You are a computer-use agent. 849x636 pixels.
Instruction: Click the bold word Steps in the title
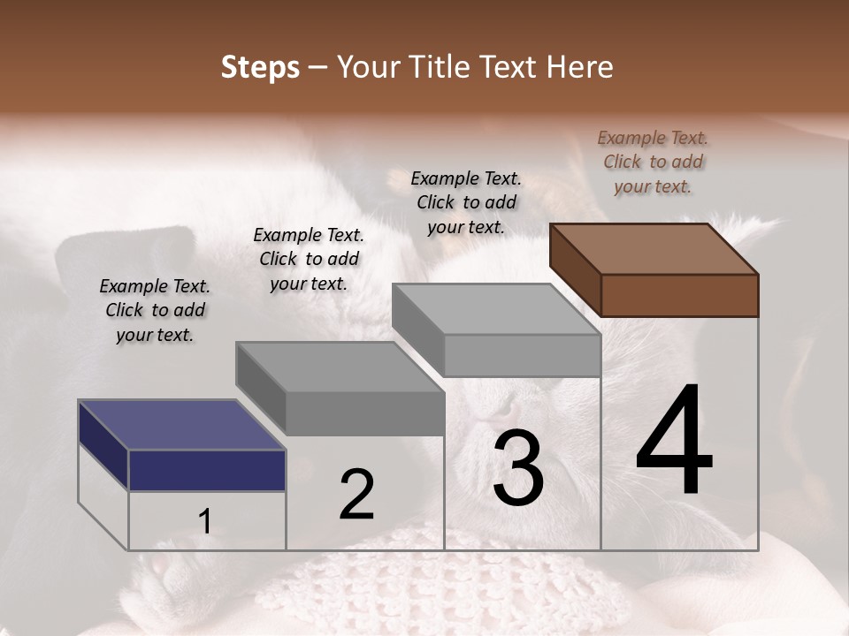click(260, 67)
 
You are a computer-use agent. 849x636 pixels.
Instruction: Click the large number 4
click(674, 442)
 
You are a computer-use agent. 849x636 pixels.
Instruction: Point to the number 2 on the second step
click(356, 494)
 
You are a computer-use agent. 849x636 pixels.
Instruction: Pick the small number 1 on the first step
click(204, 521)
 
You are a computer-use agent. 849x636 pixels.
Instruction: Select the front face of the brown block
click(679, 295)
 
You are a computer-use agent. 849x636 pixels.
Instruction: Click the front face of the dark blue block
click(207, 470)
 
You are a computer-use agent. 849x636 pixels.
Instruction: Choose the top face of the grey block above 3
click(496, 309)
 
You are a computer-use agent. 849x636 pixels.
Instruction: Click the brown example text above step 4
click(653, 162)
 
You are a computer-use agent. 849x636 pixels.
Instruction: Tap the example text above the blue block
click(155, 310)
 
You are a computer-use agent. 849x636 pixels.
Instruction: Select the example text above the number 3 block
click(466, 202)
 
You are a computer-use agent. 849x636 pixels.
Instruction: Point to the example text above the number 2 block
click(309, 259)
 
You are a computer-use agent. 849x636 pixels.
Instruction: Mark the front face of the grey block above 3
click(522, 355)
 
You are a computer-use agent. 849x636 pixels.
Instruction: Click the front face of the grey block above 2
click(364, 413)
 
